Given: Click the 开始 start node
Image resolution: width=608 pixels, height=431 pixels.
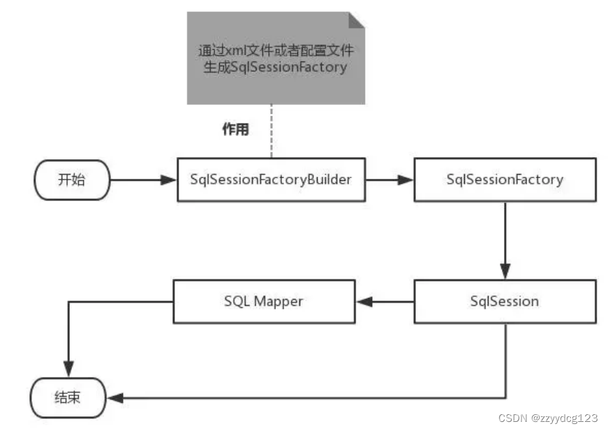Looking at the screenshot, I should point(71,180).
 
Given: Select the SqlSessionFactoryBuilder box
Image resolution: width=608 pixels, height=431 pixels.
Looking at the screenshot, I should point(270,180).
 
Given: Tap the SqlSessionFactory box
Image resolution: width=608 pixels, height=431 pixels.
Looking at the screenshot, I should point(505,180).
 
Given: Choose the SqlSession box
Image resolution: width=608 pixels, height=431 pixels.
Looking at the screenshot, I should point(505,302).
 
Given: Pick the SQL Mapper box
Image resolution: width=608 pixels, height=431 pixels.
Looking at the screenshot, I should point(264,302).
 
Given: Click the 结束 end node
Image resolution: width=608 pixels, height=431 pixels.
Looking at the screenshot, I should point(68,398).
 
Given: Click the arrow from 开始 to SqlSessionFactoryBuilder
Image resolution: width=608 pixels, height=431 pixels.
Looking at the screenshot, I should point(144,180).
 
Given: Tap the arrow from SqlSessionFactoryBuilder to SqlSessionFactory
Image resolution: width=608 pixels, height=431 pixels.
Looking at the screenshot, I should point(389,180).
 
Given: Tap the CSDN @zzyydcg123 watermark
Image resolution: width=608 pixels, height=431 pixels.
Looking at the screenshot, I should point(548,418).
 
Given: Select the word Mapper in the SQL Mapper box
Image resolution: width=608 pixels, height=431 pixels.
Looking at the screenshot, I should point(279,302).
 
